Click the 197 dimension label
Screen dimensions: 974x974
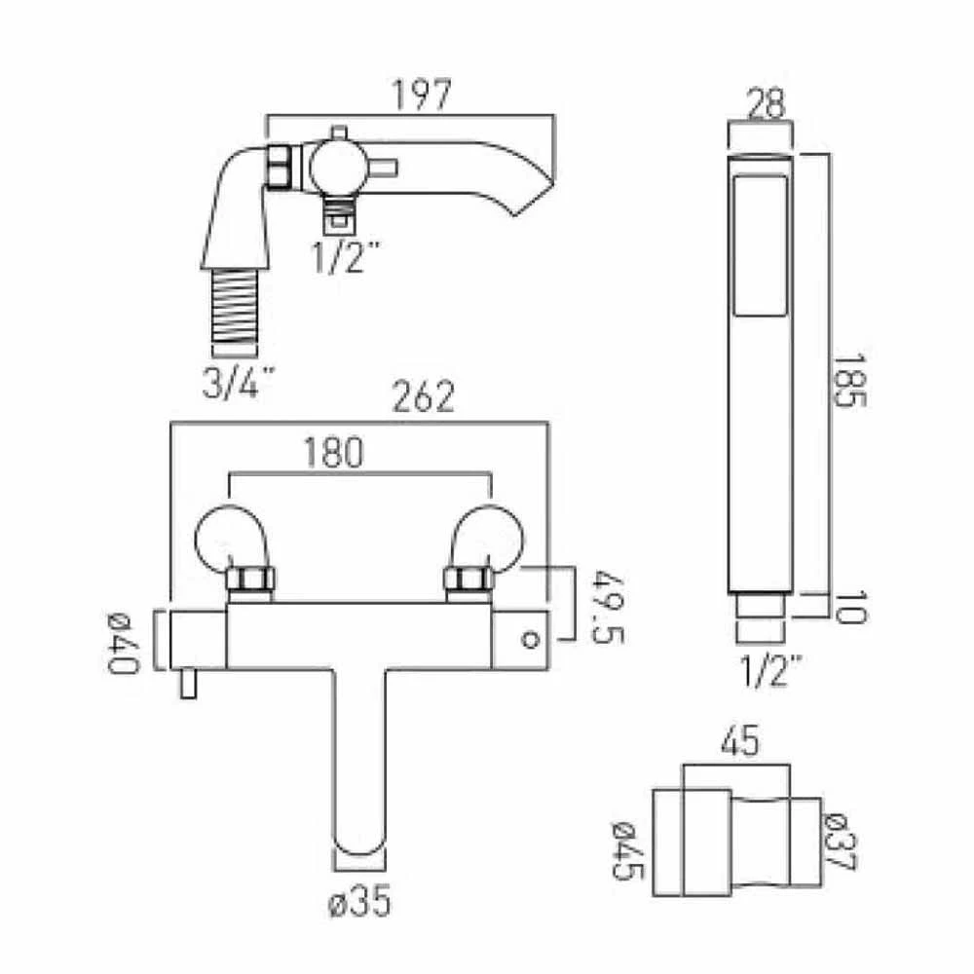[423, 95]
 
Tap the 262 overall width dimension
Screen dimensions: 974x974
[423, 397]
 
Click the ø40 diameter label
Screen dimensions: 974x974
[124, 643]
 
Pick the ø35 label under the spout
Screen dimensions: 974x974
[360, 903]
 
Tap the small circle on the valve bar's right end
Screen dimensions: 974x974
[530, 640]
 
